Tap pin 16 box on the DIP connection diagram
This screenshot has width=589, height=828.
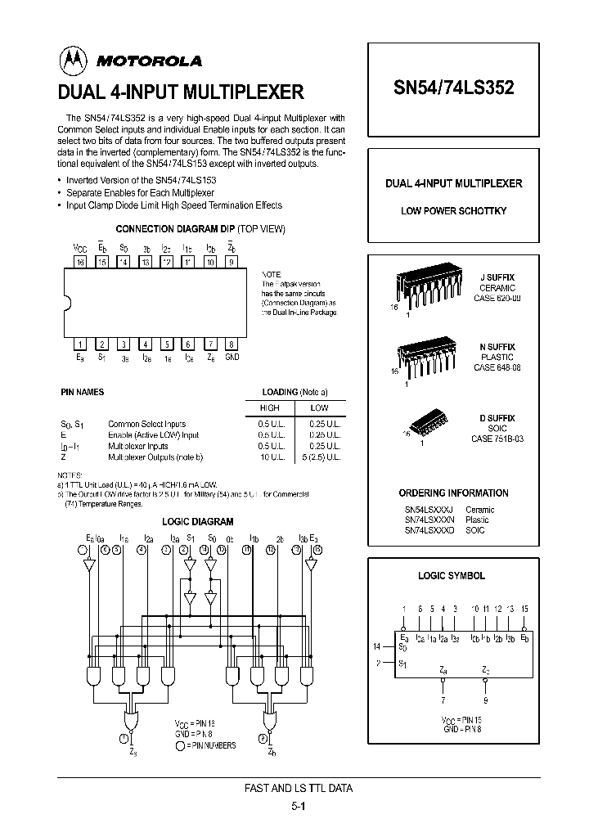tap(80, 262)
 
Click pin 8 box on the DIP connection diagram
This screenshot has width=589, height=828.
tap(232, 344)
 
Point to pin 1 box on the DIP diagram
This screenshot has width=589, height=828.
tap(80, 344)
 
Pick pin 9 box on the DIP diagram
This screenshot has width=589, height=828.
tap(232, 262)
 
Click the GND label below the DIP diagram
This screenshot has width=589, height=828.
tap(232, 358)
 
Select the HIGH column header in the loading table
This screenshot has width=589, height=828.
tap(269, 407)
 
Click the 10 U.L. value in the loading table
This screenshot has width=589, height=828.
tap(269, 456)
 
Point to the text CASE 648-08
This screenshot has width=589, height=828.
tap(497, 367)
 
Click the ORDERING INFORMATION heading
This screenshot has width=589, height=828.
tap(453, 493)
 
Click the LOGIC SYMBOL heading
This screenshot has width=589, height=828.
tap(452, 575)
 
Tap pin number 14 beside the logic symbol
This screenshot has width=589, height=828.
tap(377, 646)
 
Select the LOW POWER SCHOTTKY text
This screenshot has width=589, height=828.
tap(453, 210)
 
